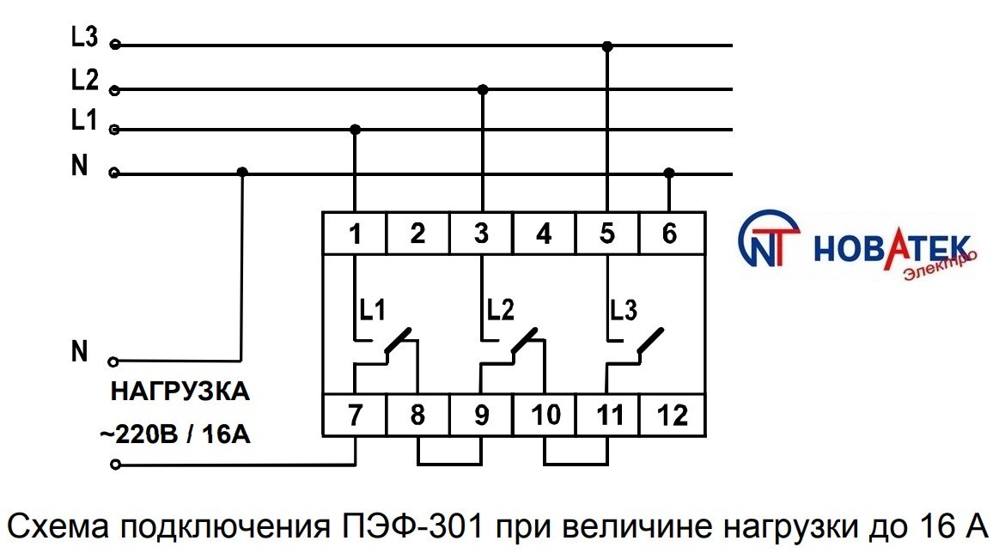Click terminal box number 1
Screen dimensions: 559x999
coord(355,234)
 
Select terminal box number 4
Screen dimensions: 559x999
coord(544,234)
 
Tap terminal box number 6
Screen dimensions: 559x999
coord(670,234)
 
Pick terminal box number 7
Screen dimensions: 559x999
coord(355,416)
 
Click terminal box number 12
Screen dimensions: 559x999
coord(672,416)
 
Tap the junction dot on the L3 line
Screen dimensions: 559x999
coord(607,46)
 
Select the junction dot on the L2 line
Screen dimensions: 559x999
coord(483,89)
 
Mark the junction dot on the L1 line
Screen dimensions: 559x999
coord(356,130)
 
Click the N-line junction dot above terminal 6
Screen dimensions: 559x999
coord(670,173)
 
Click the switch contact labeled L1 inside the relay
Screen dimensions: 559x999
coord(397,342)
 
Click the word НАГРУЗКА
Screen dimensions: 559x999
coord(180,393)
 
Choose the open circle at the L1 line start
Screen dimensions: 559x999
coord(115,131)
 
